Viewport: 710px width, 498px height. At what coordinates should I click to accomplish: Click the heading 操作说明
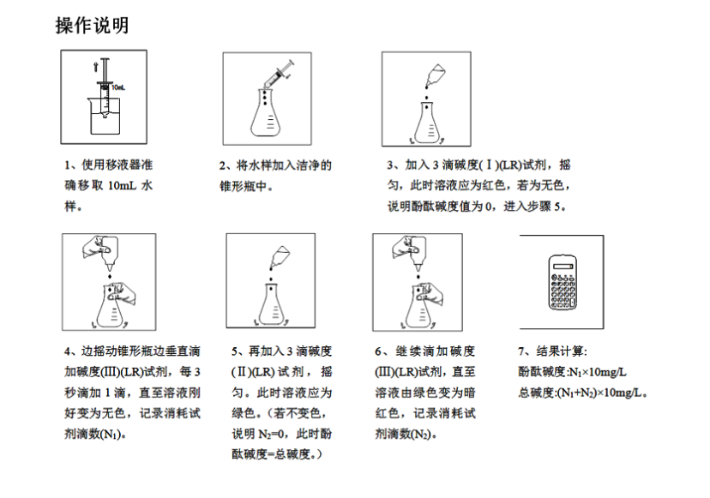[x=93, y=26]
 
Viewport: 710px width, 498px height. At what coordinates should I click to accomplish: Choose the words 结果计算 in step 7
[x=563, y=351]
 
